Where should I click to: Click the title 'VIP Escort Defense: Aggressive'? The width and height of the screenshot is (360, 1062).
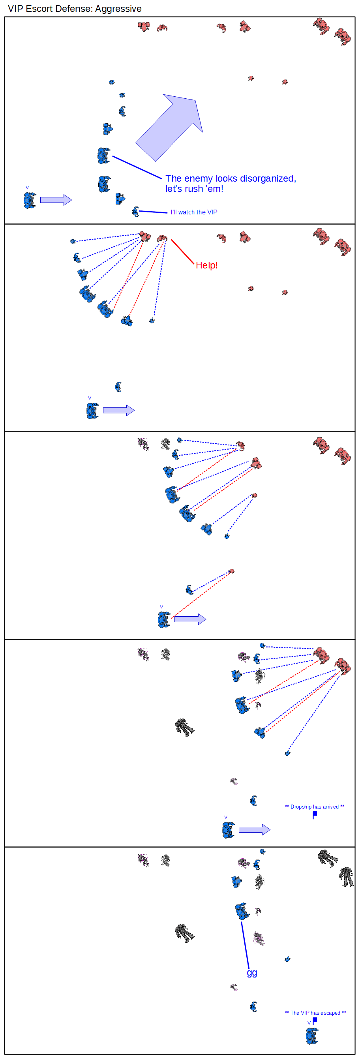(75, 9)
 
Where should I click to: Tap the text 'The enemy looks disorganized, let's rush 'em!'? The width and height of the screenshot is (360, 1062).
(231, 184)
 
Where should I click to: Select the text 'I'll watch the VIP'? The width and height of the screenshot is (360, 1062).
(194, 212)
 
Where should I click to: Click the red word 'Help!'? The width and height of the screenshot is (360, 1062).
(206, 265)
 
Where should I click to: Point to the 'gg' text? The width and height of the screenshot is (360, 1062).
(252, 972)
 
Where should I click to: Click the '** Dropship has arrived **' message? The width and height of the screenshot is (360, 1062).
(315, 807)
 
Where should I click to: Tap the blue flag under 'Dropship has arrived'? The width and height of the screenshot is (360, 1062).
(315, 814)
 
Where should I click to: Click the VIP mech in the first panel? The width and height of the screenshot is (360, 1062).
(29, 201)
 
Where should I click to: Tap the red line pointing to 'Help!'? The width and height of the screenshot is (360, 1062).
(182, 251)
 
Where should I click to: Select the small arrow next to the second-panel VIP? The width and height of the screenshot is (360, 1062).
(118, 411)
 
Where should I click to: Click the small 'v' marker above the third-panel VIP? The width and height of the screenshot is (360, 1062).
(161, 607)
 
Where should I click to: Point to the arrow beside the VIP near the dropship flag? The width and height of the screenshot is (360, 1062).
(255, 829)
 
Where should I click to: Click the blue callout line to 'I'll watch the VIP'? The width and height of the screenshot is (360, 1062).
(153, 212)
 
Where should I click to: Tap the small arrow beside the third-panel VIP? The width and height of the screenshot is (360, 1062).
(190, 619)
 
